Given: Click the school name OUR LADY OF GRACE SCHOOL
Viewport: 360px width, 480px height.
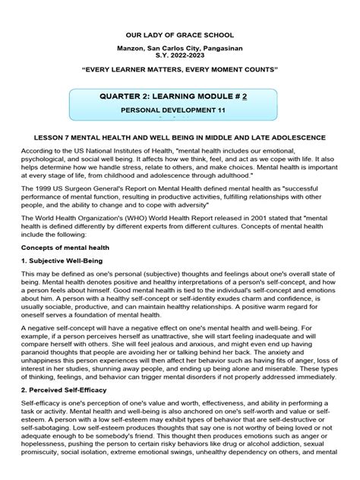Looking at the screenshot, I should coord(179,36).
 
